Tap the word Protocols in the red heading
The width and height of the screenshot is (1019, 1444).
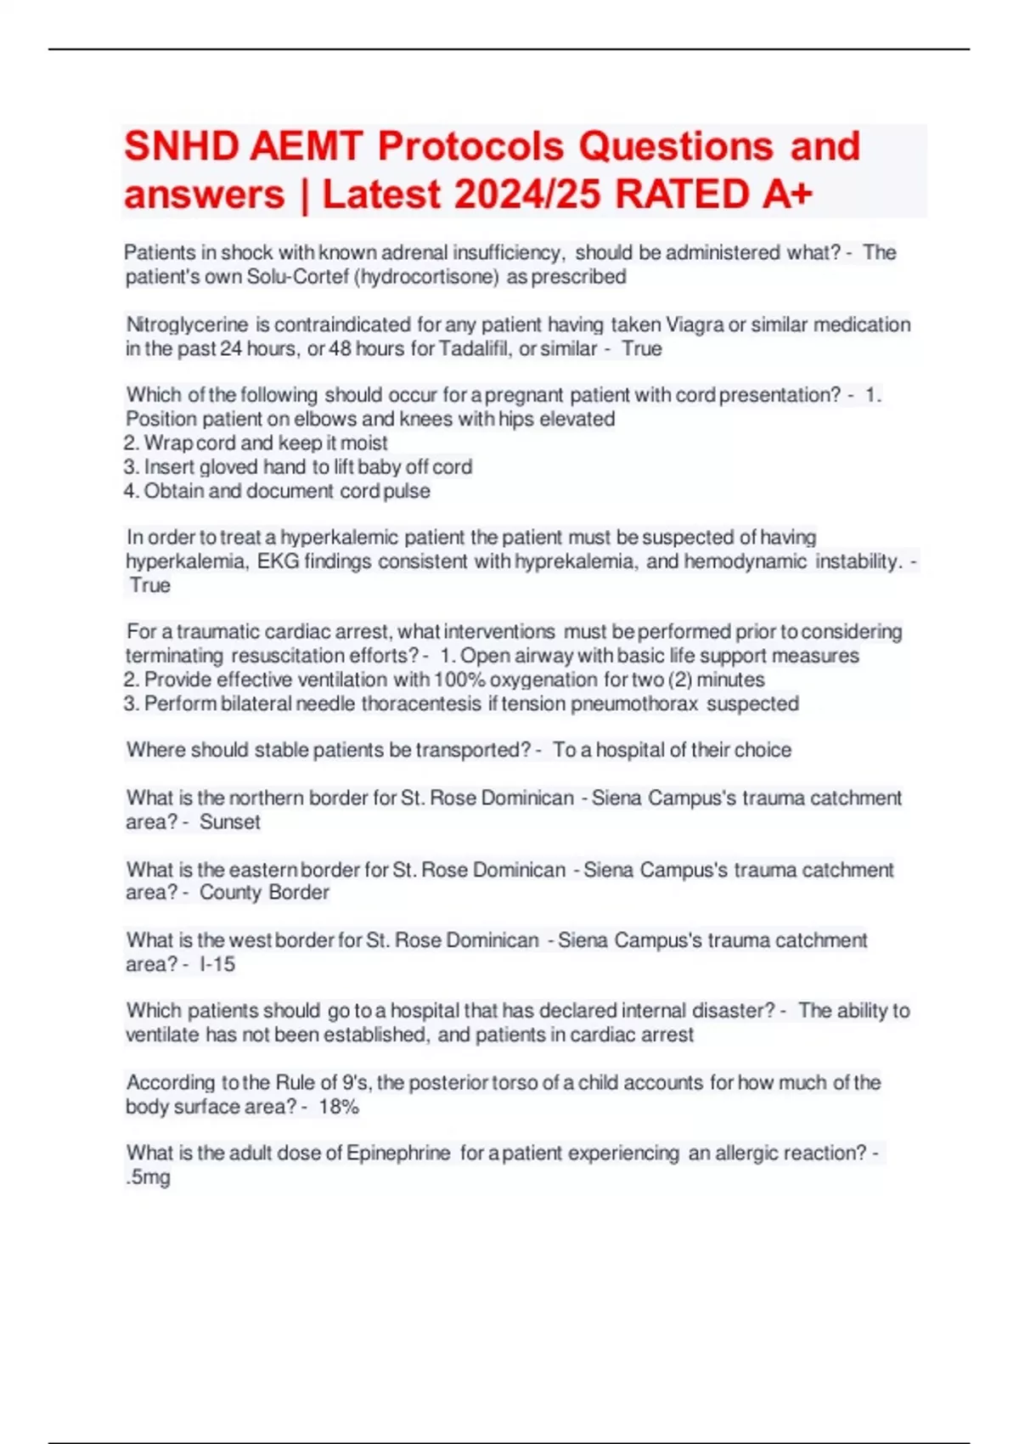[x=470, y=147]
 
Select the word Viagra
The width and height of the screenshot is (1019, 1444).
[x=695, y=324]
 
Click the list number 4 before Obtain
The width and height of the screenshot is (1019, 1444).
[x=131, y=491]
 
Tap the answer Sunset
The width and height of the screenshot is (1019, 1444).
[x=229, y=821]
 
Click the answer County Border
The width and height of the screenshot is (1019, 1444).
[x=264, y=893]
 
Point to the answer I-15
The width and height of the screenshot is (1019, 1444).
[x=217, y=964]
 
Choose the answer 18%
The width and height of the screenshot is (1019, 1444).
[x=339, y=1107]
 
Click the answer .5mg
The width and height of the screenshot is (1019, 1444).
[x=148, y=1177]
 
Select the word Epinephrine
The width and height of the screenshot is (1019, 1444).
[x=398, y=1153]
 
